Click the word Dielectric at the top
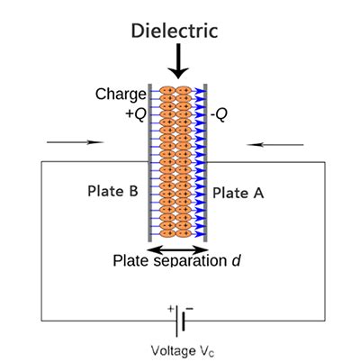coord(175,32)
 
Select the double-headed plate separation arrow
coord(177,249)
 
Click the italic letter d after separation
coord(237,262)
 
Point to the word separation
coord(191,262)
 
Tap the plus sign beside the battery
coord(170,309)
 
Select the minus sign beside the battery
coord(190,309)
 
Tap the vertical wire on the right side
coord(325,243)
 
